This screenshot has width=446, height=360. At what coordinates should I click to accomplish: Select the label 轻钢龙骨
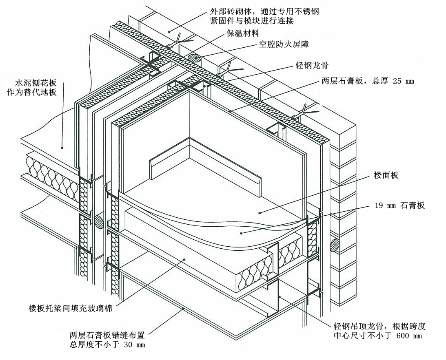312,65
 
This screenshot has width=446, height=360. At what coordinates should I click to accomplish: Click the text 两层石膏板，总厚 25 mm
365,81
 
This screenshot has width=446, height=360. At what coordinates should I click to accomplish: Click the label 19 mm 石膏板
400,205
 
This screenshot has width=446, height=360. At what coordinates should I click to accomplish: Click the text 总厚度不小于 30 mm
107,345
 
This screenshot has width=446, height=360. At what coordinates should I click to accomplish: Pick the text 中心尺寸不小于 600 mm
377,336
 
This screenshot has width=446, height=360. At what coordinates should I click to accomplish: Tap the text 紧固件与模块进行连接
253,20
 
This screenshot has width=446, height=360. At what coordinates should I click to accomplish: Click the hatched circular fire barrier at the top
195,59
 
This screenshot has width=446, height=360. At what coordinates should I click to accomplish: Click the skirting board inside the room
204,163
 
